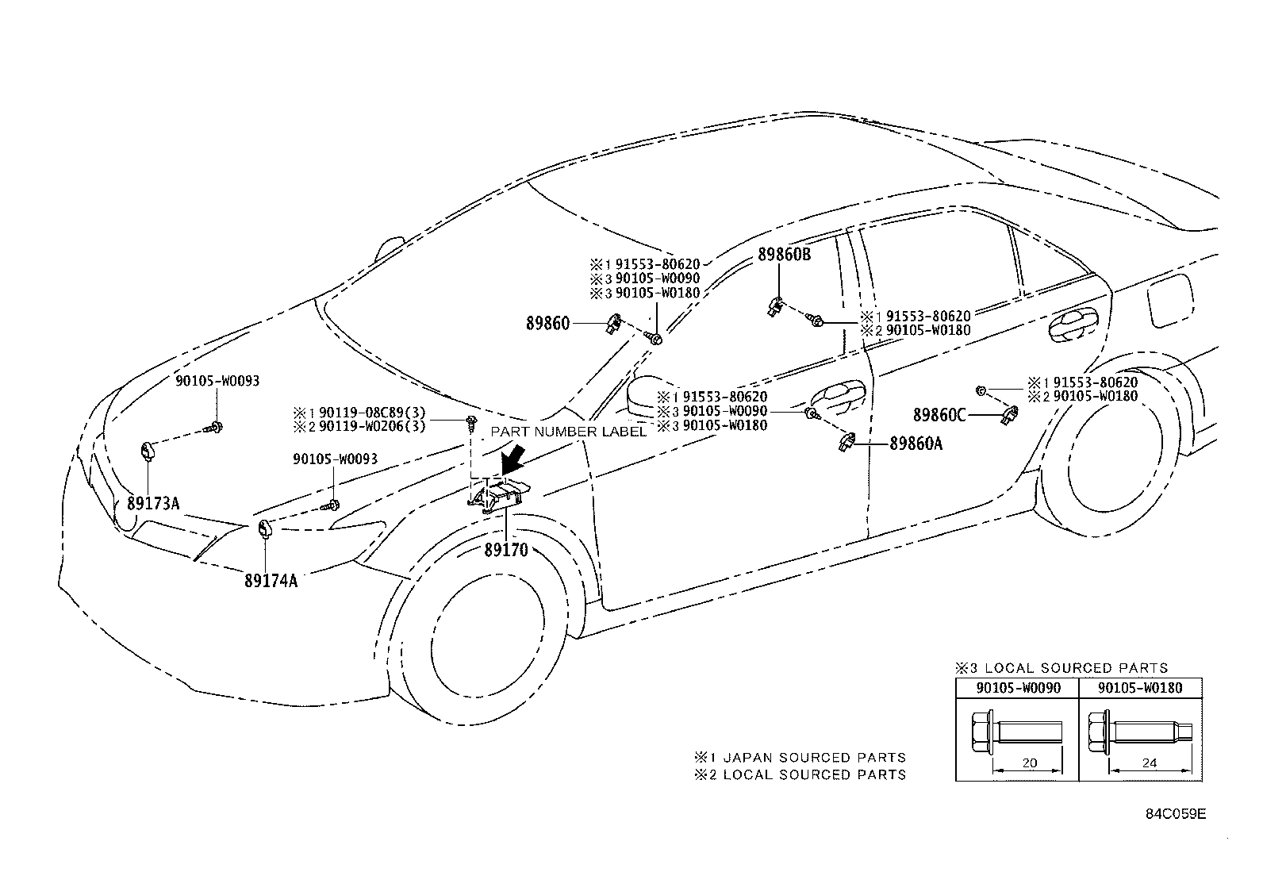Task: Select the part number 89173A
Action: click(x=153, y=502)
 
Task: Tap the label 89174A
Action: click(x=271, y=580)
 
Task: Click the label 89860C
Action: click(x=939, y=414)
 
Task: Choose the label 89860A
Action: click(x=916, y=444)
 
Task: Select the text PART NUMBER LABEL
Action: click(x=567, y=432)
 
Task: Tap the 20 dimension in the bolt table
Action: click(x=1028, y=763)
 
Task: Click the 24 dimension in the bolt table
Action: click(x=1149, y=763)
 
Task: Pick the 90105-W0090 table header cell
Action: click(x=1017, y=688)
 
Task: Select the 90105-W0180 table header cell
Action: click(x=1141, y=688)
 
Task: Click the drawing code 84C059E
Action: click(x=1175, y=814)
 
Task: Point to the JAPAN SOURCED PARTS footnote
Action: click(x=800, y=757)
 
